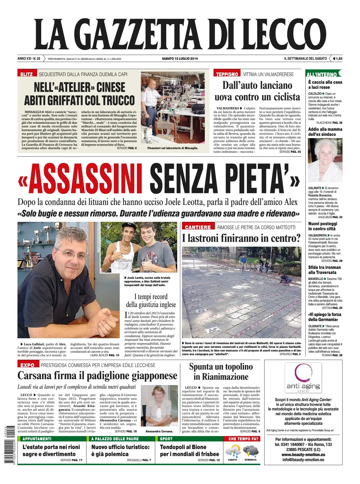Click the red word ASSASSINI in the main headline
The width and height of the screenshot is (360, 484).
tap(85, 178)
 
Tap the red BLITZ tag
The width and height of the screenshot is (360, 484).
tap(26, 74)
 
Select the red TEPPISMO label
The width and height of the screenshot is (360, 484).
tap(227, 74)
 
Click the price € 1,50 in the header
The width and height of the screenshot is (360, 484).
tap(337, 59)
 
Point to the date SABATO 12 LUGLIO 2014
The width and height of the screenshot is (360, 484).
tap(180, 59)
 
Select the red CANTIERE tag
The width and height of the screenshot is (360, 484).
tap(198, 227)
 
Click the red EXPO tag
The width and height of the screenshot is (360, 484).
tap(27, 365)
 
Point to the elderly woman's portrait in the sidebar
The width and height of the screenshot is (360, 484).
tap(325, 160)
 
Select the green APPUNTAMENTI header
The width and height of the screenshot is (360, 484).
tap(37, 439)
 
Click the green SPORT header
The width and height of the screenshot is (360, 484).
tap(166, 439)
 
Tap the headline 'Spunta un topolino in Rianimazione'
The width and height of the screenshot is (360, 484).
tap(221, 372)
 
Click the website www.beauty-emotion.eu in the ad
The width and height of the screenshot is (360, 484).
tap(303, 455)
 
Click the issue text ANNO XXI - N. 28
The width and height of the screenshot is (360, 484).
tap(29, 59)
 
